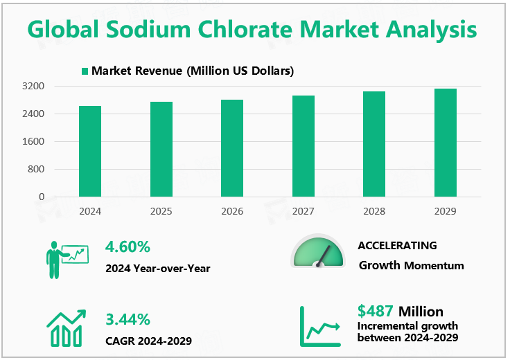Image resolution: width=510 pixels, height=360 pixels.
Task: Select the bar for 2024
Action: [90, 151]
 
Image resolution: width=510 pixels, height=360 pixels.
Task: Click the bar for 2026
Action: [232, 148]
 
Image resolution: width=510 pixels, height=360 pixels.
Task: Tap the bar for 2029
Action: [445, 143]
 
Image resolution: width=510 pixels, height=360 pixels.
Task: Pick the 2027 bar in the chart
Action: [304, 146]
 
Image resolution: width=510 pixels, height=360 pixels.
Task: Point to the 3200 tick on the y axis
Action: [33, 87]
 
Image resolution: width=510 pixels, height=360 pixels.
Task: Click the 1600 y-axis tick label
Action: [33, 141]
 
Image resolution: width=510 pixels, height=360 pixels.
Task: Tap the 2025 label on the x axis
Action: [161, 210]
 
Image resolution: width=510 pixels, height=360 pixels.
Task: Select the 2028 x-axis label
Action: [374, 210]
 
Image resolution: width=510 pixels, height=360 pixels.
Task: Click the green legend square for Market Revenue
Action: [85, 71]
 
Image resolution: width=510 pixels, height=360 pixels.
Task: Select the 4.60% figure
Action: [127, 246]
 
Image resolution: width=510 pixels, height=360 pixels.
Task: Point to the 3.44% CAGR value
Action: [127, 319]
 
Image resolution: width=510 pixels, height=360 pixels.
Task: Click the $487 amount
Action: [376, 311]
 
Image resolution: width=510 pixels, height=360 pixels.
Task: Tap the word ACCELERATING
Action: [397, 246]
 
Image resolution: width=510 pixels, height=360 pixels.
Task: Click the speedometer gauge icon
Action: [318, 251]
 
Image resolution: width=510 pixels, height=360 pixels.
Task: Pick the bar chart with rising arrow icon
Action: [67, 327]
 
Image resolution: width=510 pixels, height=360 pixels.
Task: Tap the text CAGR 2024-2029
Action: [148, 341]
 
